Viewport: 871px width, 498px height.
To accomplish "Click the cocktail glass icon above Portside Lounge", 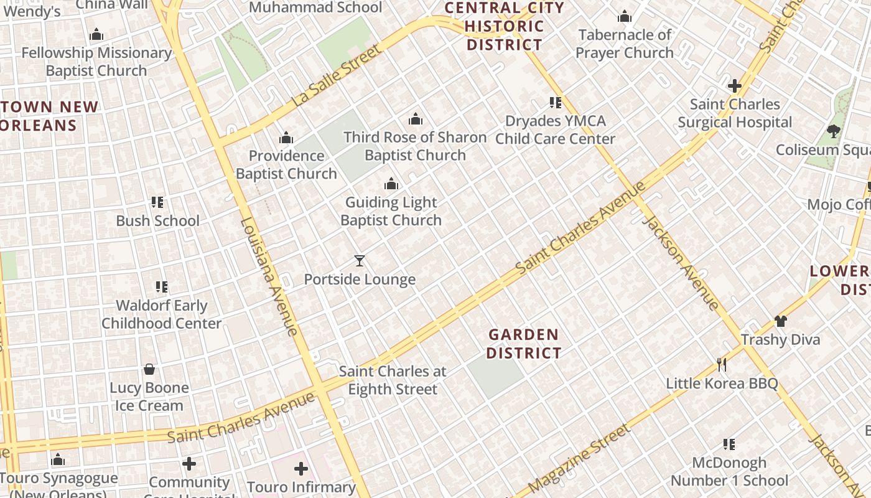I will [x=360, y=261].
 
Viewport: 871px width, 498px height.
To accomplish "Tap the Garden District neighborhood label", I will [x=523, y=344].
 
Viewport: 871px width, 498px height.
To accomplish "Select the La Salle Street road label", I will [x=336, y=75].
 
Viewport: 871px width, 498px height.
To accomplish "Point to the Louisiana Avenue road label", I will [x=269, y=277].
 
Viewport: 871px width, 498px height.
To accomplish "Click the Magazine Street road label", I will [x=579, y=459].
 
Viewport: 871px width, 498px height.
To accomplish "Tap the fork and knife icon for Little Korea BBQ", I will [x=722, y=364].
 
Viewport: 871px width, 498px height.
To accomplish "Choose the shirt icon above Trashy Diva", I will [x=780, y=321].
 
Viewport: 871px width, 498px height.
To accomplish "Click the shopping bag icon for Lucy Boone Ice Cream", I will [x=149, y=369].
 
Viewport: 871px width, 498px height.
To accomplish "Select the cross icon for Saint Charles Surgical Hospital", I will [x=735, y=85].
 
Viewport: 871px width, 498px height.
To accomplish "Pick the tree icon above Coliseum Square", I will [x=834, y=131].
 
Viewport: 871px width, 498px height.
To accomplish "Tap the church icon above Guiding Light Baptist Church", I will [x=391, y=184].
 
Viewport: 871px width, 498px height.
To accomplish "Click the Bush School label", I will [x=158, y=220].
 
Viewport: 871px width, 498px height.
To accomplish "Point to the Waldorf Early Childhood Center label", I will [x=162, y=314].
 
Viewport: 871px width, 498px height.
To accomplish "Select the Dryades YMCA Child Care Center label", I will [x=555, y=129].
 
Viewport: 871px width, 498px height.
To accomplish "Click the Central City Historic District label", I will [x=505, y=26].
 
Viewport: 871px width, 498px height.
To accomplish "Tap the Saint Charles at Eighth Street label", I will [x=393, y=380].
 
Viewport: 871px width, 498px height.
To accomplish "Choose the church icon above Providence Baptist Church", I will [x=286, y=137].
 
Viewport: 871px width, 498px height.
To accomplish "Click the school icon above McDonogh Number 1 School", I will [x=729, y=444].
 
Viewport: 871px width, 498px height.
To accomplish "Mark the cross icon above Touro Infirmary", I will [x=301, y=468].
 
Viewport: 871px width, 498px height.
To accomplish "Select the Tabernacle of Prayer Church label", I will [x=624, y=44].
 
